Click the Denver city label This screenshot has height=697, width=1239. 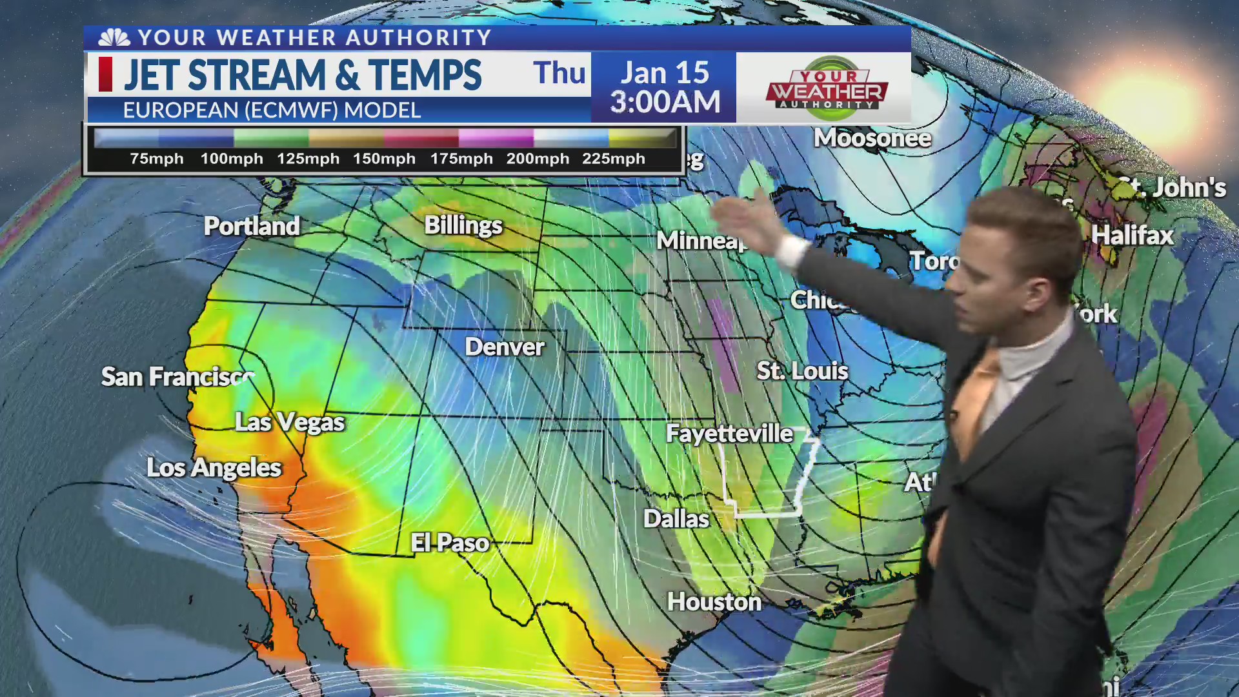(505, 347)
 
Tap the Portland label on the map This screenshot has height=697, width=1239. (252, 226)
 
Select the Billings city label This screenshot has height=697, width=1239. (463, 225)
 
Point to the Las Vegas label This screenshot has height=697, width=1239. (290, 422)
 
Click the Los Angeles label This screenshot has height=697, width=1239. (214, 468)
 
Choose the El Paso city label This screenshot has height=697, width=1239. (450, 543)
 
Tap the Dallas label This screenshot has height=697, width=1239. (676, 519)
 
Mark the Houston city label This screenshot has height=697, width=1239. (714, 601)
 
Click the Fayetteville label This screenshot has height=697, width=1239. (729, 434)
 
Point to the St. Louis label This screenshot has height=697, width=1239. (802, 371)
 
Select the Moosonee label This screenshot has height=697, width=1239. (872, 138)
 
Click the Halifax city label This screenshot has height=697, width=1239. (1133, 235)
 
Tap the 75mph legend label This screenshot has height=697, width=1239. (157, 159)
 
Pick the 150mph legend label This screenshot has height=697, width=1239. (384, 159)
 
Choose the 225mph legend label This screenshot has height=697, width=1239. (614, 159)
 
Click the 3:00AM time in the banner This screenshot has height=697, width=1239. (665, 103)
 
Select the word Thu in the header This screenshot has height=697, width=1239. (559, 73)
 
